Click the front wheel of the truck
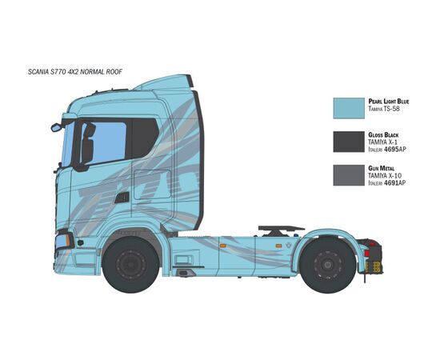click(x=130, y=265)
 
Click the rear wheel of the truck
click(x=327, y=265)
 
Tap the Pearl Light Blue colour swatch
click(x=349, y=108)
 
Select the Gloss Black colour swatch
click(x=349, y=142)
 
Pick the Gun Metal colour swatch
click(x=349, y=175)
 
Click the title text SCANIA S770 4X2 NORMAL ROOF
click(x=75, y=72)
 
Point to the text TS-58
click(x=391, y=109)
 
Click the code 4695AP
click(x=395, y=150)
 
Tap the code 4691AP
click(x=395, y=183)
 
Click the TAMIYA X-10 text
click(x=385, y=176)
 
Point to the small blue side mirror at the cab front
click(x=56, y=128)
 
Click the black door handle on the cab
click(x=122, y=198)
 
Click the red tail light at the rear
click(x=366, y=253)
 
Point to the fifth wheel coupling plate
click(x=281, y=228)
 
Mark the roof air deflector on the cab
click(x=165, y=82)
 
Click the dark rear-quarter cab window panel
click(x=145, y=138)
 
